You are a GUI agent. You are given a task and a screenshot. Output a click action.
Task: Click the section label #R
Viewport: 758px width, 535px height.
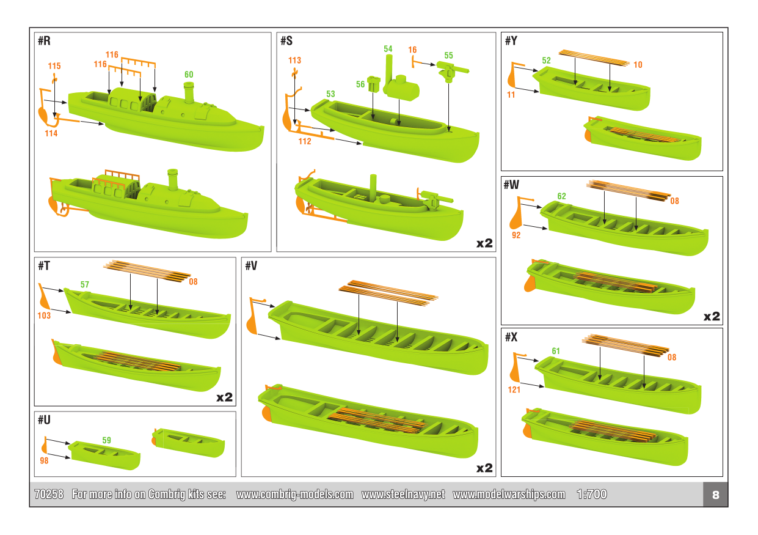tap(44, 41)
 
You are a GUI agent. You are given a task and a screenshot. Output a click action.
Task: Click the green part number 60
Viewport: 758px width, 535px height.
tap(189, 75)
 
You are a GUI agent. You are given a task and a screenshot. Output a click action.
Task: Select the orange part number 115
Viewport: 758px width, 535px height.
tap(54, 65)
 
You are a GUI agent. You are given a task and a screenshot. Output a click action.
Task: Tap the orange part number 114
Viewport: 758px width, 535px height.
tap(51, 133)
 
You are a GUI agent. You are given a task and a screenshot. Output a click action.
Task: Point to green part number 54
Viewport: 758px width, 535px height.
tap(388, 48)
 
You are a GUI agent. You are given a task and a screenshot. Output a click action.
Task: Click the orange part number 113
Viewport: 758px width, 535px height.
tap(294, 61)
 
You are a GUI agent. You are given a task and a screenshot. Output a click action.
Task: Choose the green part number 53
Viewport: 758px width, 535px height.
tap(330, 94)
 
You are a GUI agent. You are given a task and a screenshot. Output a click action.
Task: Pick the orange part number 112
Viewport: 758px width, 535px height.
tap(305, 141)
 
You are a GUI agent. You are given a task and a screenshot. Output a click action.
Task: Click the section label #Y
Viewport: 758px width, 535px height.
tap(511, 41)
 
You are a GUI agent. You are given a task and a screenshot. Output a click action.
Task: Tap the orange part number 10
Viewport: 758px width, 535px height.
tap(638, 65)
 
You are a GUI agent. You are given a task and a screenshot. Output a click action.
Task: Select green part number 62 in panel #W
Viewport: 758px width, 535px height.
tap(561, 196)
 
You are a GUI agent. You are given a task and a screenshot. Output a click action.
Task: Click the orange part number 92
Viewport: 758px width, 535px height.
tap(516, 235)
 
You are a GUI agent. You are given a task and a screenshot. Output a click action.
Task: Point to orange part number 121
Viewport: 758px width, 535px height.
tap(514, 389)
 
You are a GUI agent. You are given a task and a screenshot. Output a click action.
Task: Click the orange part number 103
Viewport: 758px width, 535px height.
tap(44, 316)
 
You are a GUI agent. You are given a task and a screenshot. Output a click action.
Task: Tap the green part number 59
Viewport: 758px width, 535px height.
tap(106, 440)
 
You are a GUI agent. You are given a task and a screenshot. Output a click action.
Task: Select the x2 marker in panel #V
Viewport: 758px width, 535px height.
tap(484, 468)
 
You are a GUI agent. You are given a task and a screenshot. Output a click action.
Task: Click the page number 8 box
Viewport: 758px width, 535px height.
tap(715, 495)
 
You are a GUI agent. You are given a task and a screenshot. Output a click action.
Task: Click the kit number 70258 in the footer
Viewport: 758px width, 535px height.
tap(49, 495)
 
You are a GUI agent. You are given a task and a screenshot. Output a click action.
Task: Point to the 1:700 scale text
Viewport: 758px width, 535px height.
tap(591, 495)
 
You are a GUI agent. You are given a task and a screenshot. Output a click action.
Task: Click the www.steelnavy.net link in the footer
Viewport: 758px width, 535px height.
tap(403, 495)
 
